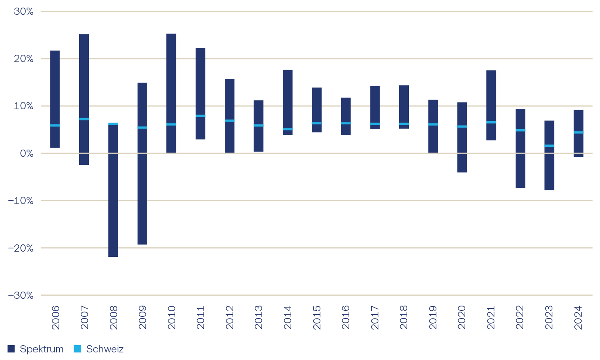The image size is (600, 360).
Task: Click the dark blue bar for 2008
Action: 113,190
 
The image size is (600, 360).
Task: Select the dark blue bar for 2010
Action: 171,93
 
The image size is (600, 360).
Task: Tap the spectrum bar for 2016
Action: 346,116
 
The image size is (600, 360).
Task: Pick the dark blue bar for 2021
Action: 491,105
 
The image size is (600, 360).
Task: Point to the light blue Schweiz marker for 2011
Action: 200,116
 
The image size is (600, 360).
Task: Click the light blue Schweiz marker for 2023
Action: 549,146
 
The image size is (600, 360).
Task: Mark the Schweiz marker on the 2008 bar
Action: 113,124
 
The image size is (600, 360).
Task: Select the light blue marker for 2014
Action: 288,129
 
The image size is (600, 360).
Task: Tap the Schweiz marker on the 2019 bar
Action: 433,124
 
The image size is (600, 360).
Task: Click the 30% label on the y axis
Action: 24,12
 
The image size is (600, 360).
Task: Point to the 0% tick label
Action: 27,154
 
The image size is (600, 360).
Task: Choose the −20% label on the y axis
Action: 21,248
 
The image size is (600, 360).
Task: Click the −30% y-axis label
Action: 21,296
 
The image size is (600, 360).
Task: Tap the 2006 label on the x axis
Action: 55,317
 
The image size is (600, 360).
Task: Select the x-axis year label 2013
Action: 258,317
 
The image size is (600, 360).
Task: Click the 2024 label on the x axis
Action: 578,317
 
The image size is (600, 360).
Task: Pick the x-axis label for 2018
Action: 404,317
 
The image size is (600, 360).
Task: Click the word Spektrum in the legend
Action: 42,349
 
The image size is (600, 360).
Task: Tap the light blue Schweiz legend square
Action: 78,349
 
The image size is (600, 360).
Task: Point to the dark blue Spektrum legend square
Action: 11,349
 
